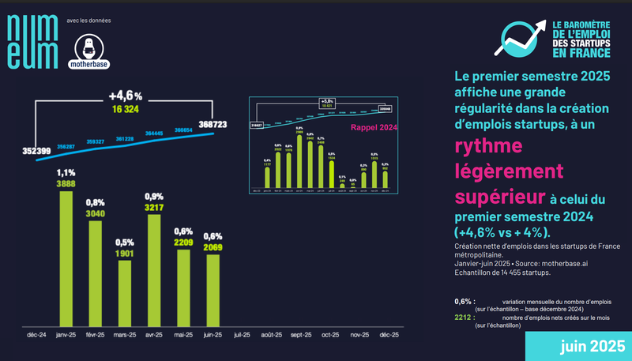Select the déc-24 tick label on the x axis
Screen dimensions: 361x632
[x=38, y=335]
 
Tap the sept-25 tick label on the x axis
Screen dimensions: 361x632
[x=300, y=335]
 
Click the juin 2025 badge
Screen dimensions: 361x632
[x=581, y=346]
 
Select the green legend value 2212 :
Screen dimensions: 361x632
[x=465, y=316]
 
